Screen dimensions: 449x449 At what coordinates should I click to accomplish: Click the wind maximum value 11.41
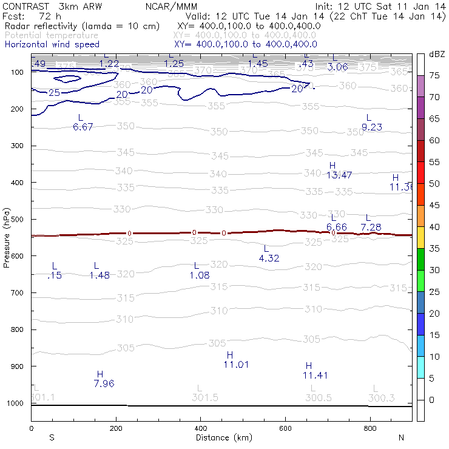click(315, 376)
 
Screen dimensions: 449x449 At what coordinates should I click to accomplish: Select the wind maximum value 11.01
click(236, 365)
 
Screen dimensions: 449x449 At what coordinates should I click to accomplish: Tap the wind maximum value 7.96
click(104, 383)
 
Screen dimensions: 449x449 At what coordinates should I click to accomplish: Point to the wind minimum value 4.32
click(269, 258)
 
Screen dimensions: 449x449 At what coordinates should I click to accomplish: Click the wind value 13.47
click(339, 175)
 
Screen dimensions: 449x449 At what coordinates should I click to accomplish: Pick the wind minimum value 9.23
click(371, 127)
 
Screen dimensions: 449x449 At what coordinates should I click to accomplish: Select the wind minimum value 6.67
click(83, 127)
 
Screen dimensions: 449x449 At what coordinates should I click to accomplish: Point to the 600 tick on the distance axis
click(285, 428)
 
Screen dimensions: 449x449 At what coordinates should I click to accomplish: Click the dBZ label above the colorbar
click(437, 55)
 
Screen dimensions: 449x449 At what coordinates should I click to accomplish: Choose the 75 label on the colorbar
click(435, 75)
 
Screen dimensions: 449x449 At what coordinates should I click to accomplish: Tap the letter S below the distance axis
click(52, 437)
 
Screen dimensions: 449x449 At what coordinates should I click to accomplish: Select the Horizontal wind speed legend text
click(52, 44)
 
